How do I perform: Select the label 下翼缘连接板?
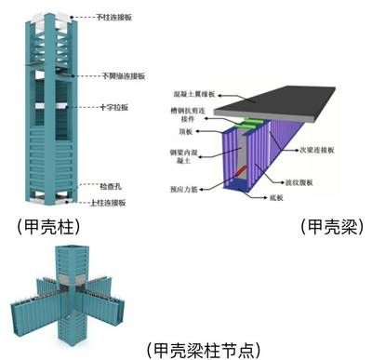point(119,75)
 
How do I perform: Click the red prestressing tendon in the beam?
point(241,170)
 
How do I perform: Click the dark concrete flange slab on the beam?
point(298,98)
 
